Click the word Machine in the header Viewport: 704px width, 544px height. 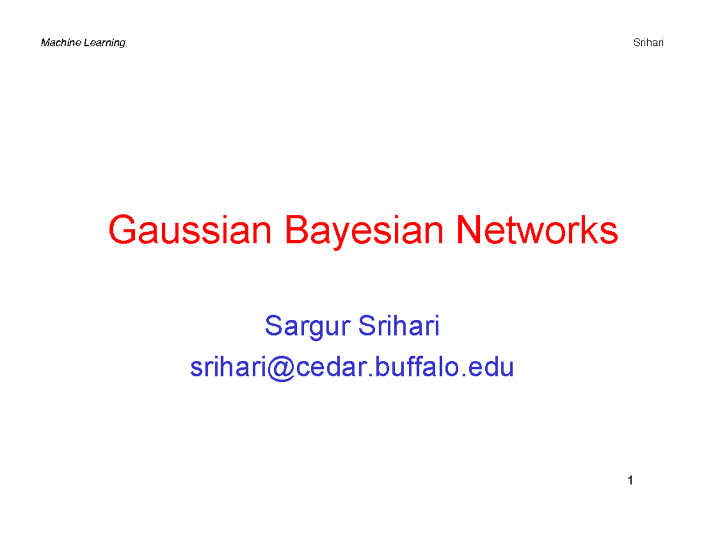click(59, 43)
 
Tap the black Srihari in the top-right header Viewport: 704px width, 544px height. click(648, 43)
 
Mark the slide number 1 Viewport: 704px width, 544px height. click(630, 482)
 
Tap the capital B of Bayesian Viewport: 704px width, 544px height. click(297, 232)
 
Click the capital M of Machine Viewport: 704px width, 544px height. click(44, 43)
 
